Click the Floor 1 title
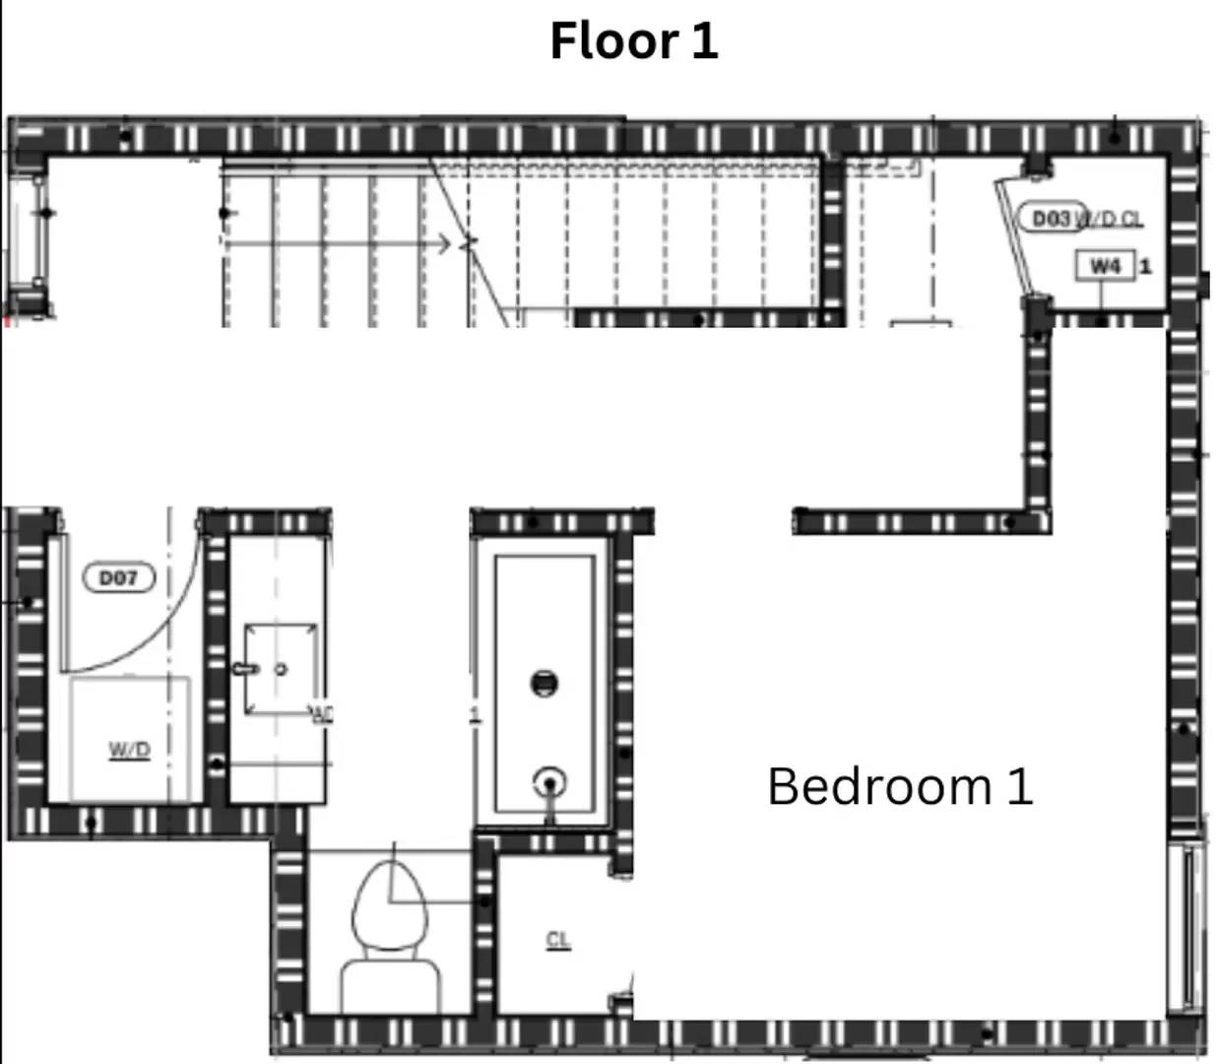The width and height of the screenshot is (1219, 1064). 633,41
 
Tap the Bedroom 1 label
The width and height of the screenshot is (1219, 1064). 900,786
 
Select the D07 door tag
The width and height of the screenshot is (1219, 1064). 119,577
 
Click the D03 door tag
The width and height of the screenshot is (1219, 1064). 1050,218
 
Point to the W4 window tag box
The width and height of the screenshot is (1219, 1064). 1105,266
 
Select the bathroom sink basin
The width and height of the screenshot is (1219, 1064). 280,669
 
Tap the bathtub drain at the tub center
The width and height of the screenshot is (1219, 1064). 545,682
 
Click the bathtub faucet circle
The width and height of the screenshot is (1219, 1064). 549,784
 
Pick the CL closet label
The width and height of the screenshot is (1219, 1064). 558,940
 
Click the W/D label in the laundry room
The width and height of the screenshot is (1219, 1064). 129,750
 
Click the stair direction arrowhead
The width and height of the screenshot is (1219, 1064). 445,242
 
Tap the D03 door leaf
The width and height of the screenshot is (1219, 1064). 1013,236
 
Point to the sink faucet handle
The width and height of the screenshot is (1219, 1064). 244,669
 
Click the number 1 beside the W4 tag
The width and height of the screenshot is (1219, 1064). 1145,266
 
